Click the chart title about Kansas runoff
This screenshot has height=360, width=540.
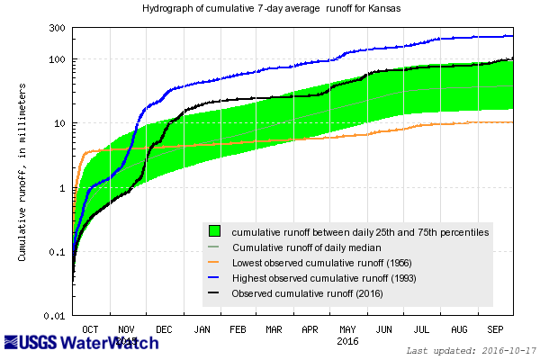click(x=270, y=9)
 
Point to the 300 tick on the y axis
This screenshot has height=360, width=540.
click(x=55, y=28)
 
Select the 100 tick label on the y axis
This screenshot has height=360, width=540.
click(x=55, y=59)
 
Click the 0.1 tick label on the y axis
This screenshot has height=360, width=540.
click(x=55, y=252)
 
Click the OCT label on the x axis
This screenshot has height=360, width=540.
click(x=91, y=330)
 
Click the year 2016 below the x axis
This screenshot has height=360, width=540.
click(x=346, y=342)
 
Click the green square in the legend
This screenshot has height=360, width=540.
click(x=215, y=231)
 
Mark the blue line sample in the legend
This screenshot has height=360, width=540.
click(x=215, y=278)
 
